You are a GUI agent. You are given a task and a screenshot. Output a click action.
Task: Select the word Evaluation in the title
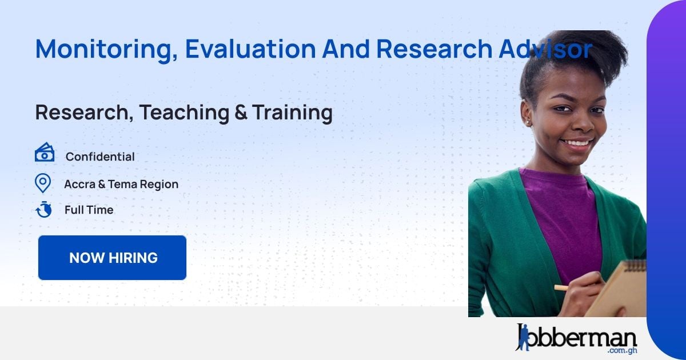250,49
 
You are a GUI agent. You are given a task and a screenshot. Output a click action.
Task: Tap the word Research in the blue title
434,49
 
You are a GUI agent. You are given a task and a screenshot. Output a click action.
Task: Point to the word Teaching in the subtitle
184,113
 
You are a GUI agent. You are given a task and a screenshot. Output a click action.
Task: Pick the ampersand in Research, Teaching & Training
241,113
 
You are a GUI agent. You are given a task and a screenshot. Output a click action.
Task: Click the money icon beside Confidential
45,153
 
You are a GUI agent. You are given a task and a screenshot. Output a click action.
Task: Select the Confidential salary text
100,157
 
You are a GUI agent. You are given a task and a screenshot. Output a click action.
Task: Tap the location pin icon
43,183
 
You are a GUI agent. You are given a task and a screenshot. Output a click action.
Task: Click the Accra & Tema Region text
121,184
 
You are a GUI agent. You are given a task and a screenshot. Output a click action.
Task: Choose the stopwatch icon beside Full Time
43,210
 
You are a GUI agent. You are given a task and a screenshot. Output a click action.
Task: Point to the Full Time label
89,210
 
